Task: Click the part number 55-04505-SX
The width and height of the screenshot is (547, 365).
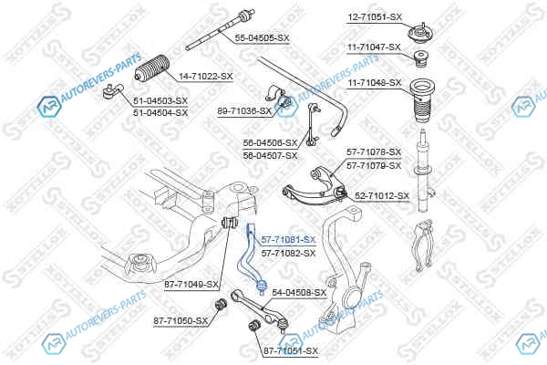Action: coord(262,37)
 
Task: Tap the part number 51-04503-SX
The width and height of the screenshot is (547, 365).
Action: coord(160,100)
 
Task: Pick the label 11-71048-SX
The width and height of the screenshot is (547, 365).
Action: coord(374,82)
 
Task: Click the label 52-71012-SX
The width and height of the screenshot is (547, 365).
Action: coord(382,195)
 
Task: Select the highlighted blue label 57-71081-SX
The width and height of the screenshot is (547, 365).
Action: coord(288,239)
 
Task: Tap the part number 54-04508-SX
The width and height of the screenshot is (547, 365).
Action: coord(299,293)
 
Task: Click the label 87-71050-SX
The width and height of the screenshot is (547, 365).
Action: coord(181,321)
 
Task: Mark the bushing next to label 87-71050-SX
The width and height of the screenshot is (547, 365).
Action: coord(219,304)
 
